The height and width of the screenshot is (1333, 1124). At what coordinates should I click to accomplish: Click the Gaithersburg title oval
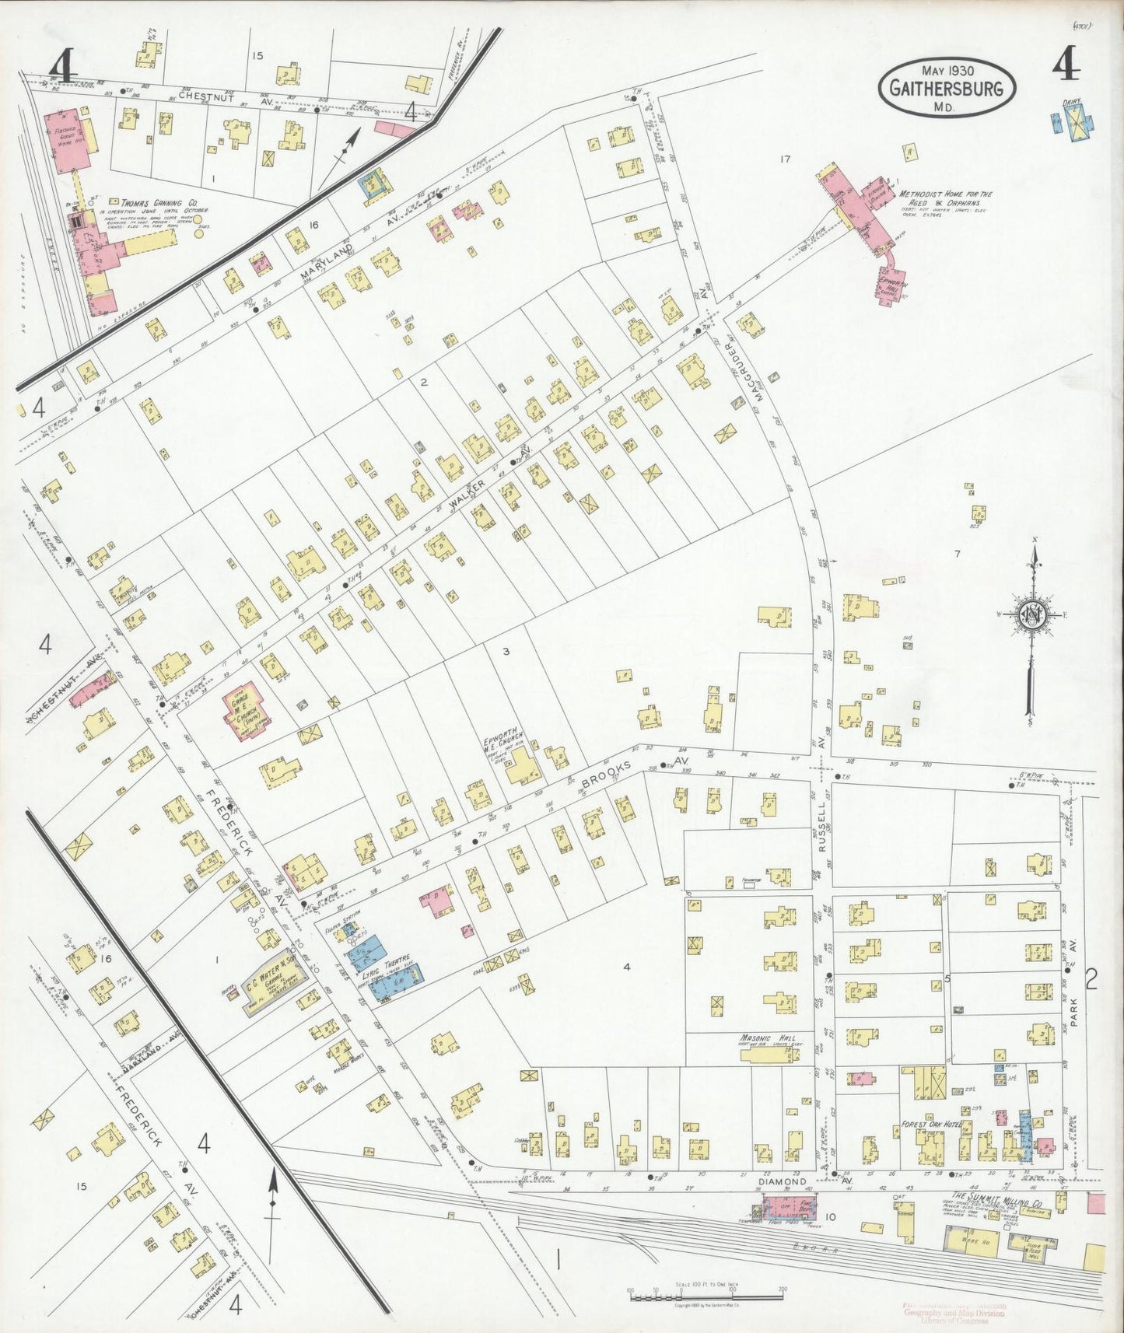[x=947, y=87]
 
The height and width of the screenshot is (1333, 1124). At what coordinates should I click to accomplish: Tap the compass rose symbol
[x=1034, y=614]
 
